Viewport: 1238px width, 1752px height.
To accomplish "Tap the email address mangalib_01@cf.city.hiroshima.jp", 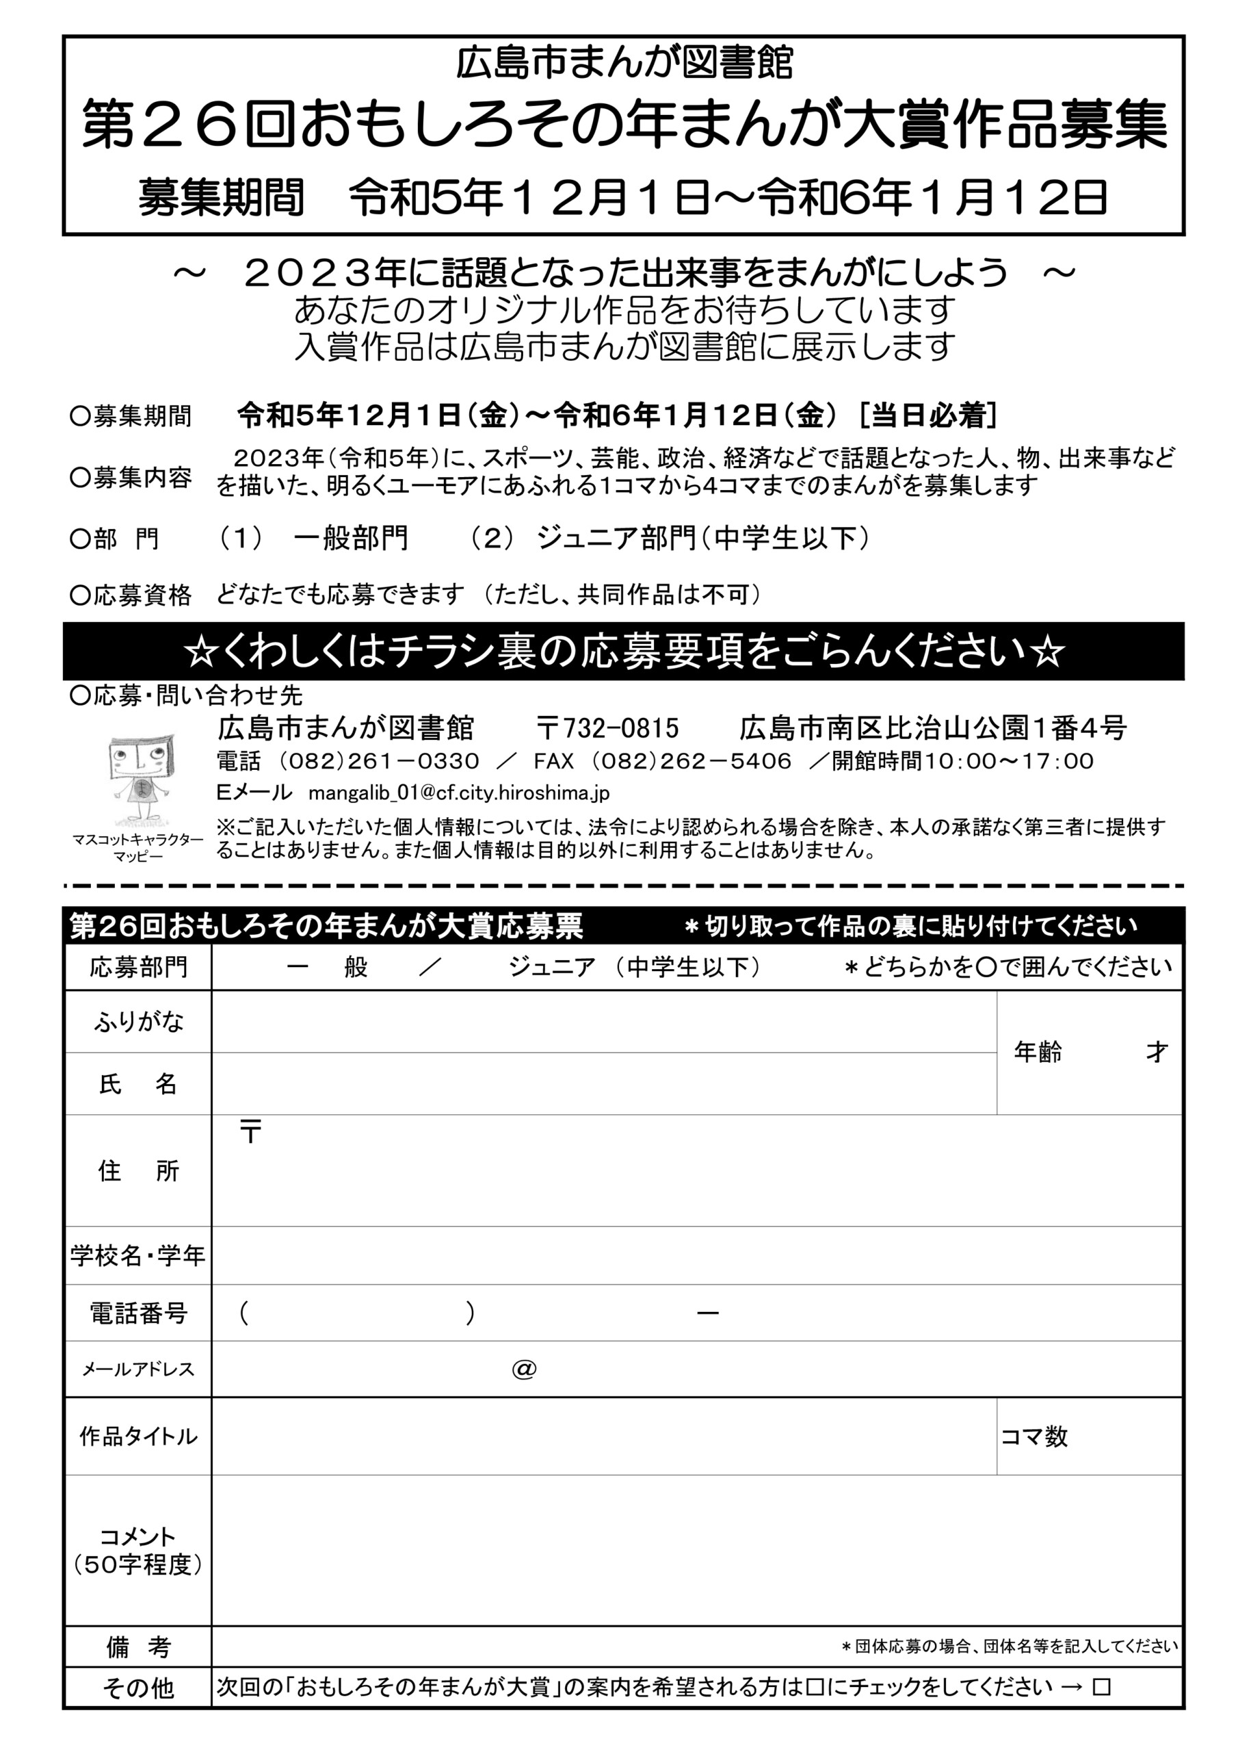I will click(x=458, y=793).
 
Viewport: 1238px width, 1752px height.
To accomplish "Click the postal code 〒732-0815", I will click(x=607, y=729).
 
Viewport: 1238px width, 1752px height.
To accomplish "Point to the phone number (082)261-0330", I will click(x=378, y=761).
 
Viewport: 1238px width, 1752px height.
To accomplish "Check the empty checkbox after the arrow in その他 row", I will click(x=1101, y=1686).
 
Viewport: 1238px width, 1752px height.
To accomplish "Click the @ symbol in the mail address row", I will click(x=524, y=1369).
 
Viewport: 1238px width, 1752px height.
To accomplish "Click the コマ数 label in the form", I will click(x=1033, y=1437).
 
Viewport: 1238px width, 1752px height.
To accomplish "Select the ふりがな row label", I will click(x=138, y=1022).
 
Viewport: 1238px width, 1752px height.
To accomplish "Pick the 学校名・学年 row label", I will click(x=138, y=1255).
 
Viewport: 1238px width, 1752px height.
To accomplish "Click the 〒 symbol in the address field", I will click(x=250, y=1132).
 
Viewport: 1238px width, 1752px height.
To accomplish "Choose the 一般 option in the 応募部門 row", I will click(x=327, y=968).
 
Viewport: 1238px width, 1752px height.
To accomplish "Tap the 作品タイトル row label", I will click(x=138, y=1437).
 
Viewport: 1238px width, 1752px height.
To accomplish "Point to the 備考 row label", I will click(x=138, y=1647).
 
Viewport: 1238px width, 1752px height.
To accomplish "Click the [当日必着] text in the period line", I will click(x=927, y=415).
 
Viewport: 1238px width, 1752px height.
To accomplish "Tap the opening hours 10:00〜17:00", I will click(x=1009, y=761).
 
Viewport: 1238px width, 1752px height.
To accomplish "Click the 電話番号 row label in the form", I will click(x=138, y=1313).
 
